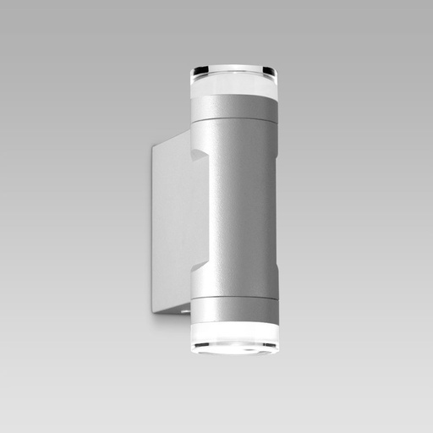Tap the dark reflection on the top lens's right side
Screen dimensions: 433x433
coord(271,70)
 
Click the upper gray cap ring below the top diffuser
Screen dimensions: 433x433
coord(233,108)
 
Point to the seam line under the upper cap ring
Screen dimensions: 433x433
coord(233,122)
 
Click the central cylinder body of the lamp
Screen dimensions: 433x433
coord(241,207)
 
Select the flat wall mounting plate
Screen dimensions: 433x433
coord(173,228)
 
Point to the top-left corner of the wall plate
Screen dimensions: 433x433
coord(154,145)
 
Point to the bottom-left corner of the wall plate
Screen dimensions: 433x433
coord(154,312)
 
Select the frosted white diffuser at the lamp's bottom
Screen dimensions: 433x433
coord(233,332)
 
